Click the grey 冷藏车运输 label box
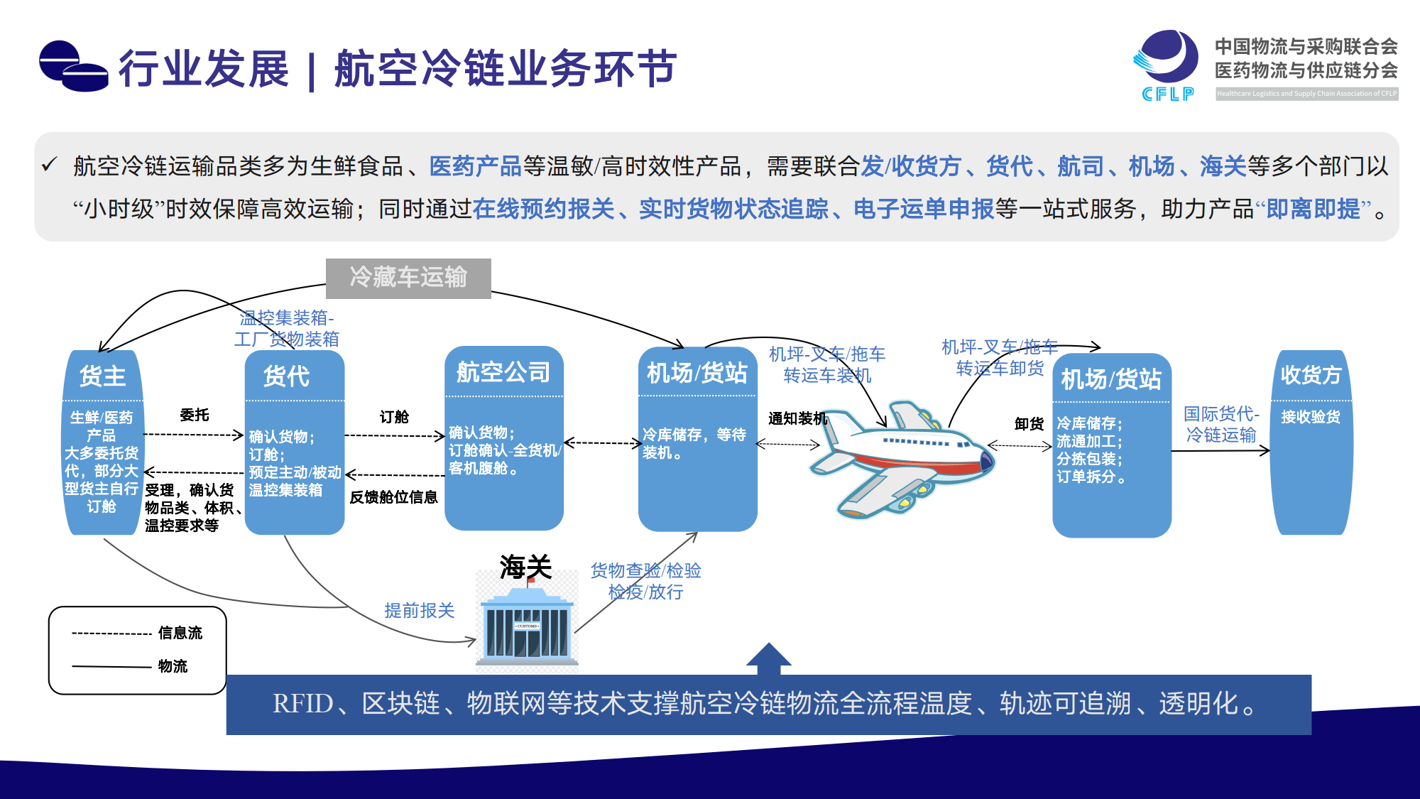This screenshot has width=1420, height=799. pos(408,278)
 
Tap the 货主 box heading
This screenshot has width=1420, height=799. pos(103,376)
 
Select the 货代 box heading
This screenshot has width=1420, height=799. pos(287,376)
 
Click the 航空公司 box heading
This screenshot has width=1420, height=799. pos(503,372)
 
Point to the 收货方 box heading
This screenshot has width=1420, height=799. pos(1311,375)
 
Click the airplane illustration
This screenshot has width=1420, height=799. pos(902,458)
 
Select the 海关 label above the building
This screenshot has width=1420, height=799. pos(525,567)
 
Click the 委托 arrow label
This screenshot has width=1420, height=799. pos(195,415)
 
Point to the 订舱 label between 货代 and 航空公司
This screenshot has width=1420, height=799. pos(394,417)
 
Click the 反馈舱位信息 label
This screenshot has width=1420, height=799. pos(393,497)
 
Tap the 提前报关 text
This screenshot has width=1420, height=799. pos(419,611)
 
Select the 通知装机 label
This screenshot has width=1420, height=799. pos(797,418)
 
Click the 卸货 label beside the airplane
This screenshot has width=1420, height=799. pos(1029,424)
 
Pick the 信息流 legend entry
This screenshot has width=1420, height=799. pos(180,633)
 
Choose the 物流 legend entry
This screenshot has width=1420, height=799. pos(173,666)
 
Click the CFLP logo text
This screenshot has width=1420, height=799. pos(1168,94)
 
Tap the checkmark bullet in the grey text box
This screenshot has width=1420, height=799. pos(49,165)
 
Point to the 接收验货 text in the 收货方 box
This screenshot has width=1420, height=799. pos(1311,417)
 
